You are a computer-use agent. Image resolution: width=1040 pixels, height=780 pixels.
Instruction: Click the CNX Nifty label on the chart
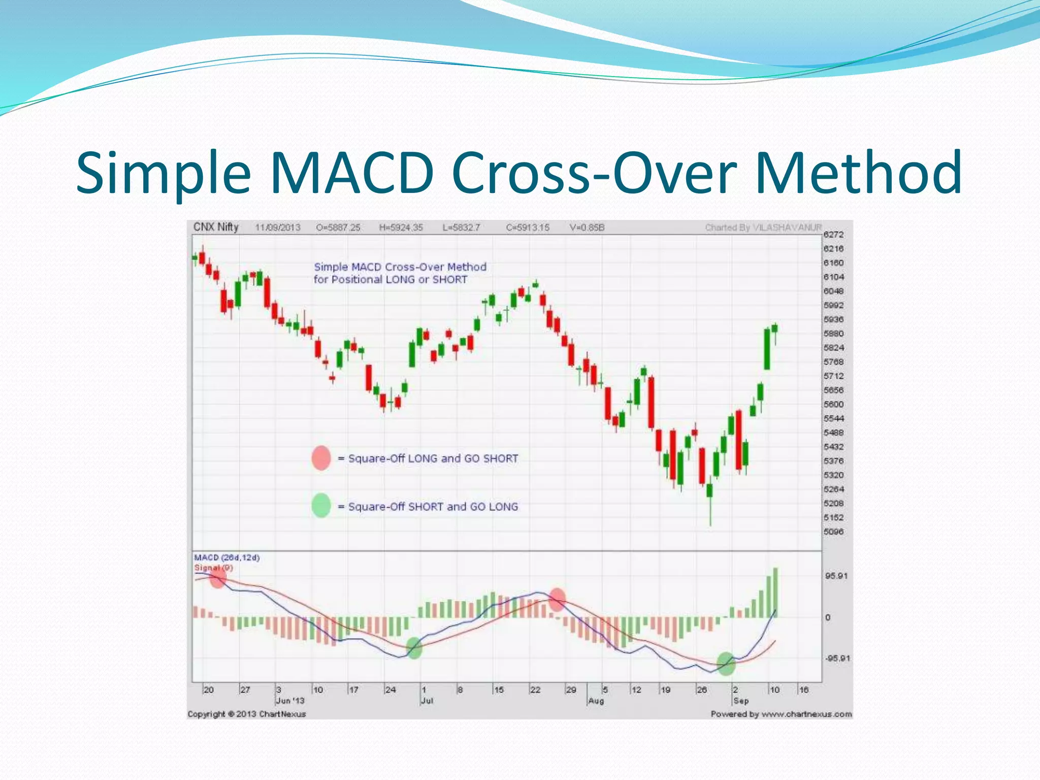(x=216, y=227)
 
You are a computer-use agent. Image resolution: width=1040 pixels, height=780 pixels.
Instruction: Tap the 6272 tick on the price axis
(x=833, y=235)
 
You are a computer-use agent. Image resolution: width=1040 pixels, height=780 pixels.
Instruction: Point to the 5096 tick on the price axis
(x=833, y=532)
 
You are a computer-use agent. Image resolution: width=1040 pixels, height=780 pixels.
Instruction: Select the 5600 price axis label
(x=833, y=404)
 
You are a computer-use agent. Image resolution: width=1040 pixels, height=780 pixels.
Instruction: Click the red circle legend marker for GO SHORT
(x=321, y=458)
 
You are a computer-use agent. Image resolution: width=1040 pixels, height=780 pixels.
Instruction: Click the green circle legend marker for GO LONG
(x=321, y=506)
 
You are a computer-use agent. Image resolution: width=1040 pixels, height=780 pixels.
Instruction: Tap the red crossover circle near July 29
(x=557, y=600)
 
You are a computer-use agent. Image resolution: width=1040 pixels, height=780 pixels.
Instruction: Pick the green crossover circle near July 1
(x=414, y=648)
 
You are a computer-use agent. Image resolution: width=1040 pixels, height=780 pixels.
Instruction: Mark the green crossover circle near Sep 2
(x=726, y=664)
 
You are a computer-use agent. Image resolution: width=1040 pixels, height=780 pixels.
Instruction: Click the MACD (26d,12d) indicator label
(x=227, y=558)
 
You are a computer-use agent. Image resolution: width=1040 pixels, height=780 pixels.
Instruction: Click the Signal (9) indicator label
(x=213, y=568)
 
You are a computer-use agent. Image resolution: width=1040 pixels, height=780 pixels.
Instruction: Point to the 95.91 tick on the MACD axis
(x=836, y=576)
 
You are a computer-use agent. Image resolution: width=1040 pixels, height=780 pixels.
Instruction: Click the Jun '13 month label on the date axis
(x=290, y=701)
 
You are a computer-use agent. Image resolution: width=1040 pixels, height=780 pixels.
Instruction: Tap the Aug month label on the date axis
(x=596, y=701)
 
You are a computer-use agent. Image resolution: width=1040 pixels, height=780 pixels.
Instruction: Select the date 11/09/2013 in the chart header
(x=277, y=227)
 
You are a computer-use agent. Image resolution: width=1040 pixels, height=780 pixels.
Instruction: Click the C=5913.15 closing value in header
(x=528, y=227)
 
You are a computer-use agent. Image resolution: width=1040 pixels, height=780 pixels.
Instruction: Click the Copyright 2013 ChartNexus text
(x=247, y=714)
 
